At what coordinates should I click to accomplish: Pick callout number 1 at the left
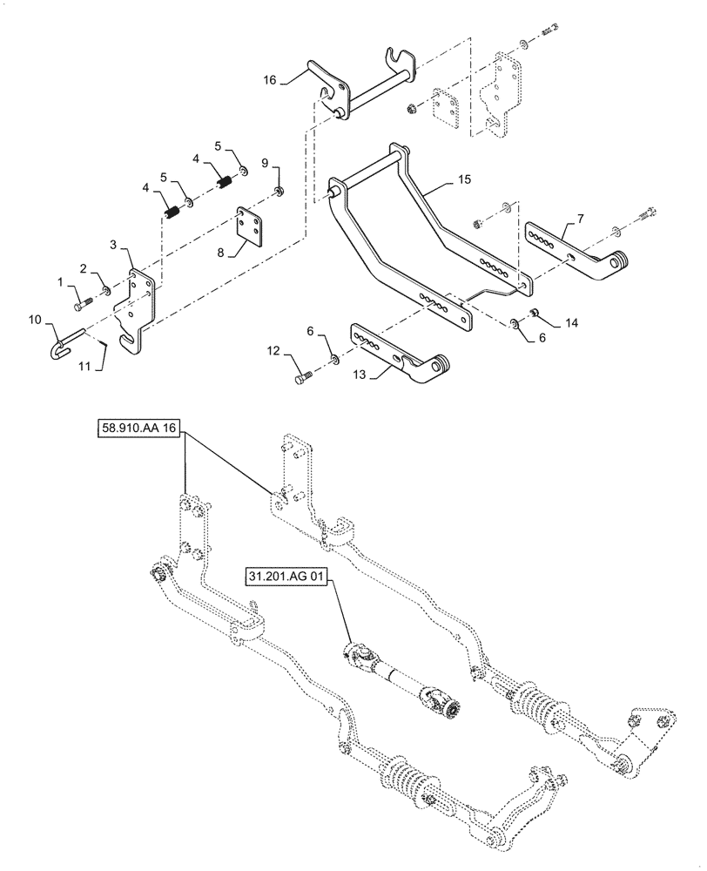60,280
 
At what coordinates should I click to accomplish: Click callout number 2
84,267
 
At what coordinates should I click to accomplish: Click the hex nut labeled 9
278,191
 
